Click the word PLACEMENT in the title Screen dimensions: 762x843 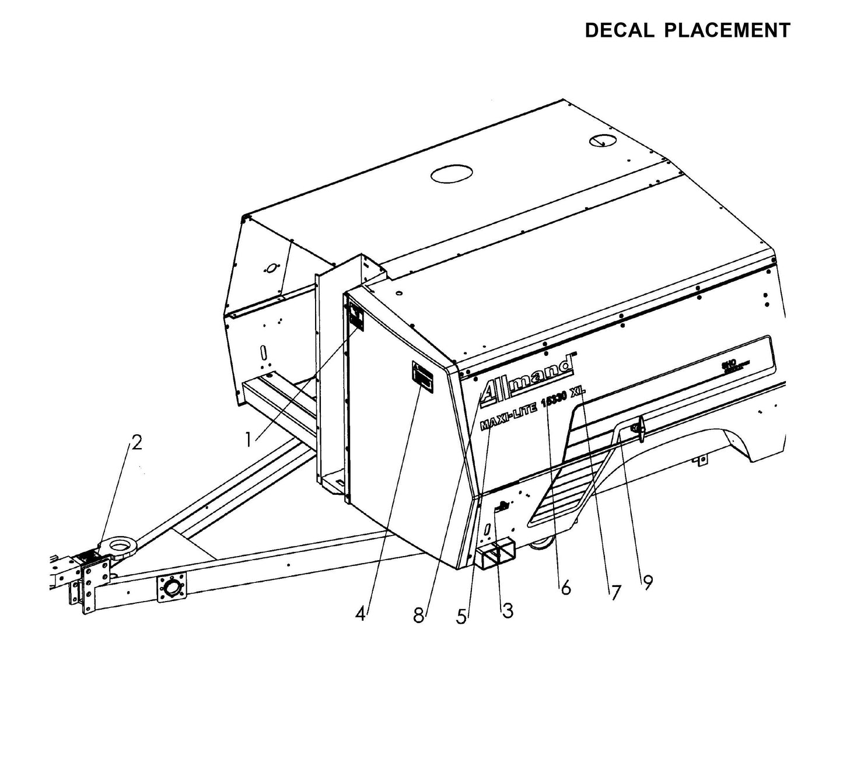tap(727, 30)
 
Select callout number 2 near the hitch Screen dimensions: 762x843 tap(136, 443)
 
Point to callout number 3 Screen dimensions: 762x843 tap(508, 610)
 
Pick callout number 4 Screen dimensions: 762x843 tap(362, 613)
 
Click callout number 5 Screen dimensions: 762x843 tap(462, 616)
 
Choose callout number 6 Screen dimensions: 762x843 tap(565, 588)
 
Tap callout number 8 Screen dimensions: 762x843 tap(419, 615)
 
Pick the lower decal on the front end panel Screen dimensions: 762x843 tap(422, 375)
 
